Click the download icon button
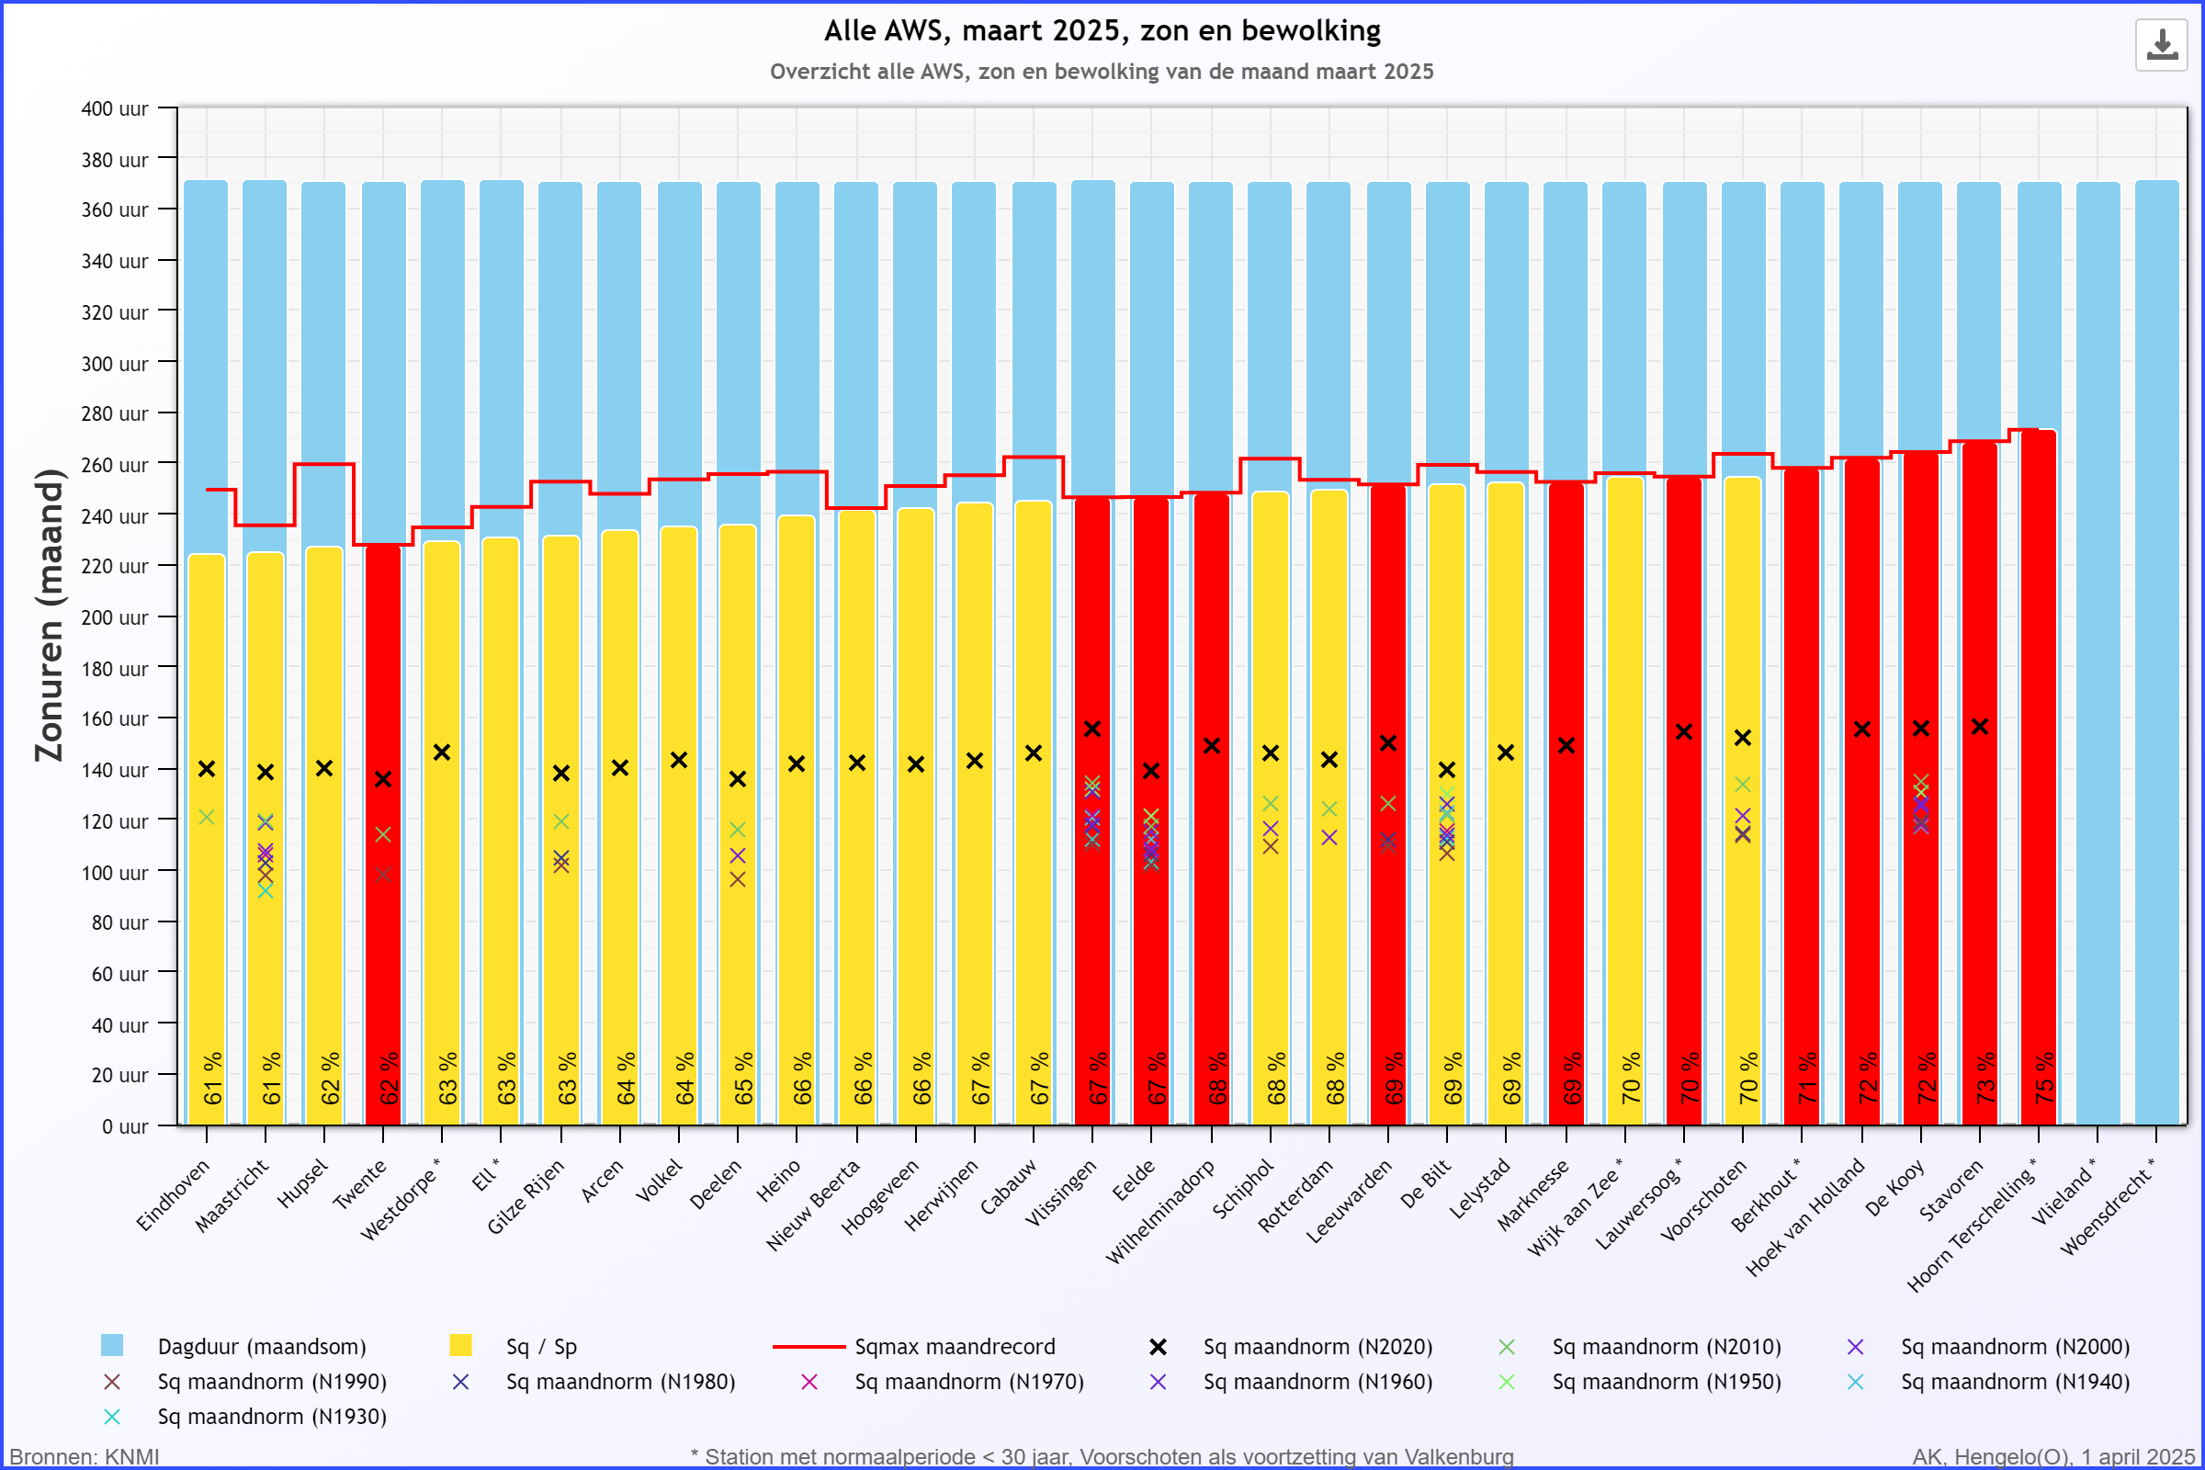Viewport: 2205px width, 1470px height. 2161,44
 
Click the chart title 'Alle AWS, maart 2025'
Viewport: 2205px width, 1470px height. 1102,31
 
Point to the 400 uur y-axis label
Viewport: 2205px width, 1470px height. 114,108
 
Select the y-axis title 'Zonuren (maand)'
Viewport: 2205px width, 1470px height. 49,615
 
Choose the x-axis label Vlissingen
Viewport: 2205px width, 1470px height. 1060,1193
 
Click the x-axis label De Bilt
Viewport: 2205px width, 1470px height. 1425,1183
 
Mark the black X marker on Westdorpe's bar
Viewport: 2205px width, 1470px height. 442,752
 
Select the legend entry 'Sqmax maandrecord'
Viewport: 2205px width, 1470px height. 955,1347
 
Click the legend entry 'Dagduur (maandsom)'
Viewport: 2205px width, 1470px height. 262,1347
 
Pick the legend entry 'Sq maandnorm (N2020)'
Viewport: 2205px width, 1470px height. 1317,1347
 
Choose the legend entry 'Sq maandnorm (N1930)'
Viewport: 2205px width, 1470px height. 272,1417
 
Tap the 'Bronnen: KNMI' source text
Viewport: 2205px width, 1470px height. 85,1457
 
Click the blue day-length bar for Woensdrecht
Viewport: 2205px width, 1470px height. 2156,656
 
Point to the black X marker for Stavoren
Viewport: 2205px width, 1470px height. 1980,728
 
